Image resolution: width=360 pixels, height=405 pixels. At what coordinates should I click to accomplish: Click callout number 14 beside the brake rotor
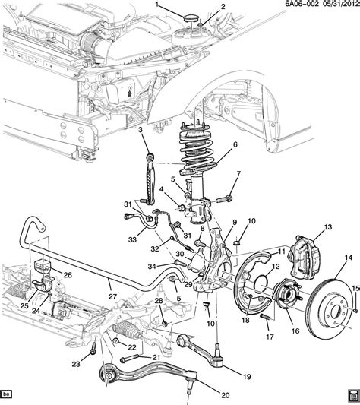(x=348, y=258)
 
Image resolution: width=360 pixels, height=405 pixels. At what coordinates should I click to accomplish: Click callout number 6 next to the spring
(x=235, y=144)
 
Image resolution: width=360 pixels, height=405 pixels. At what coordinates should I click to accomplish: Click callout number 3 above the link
(x=141, y=132)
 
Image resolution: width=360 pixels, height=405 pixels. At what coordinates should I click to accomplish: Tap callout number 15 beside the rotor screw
(x=354, y=286)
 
